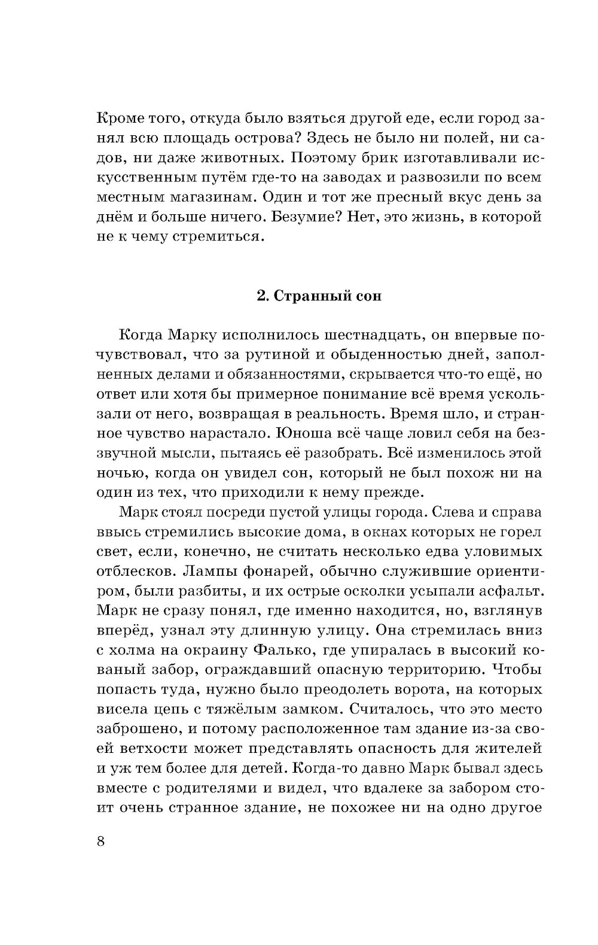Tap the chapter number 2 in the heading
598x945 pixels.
click(x=261, y=296)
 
